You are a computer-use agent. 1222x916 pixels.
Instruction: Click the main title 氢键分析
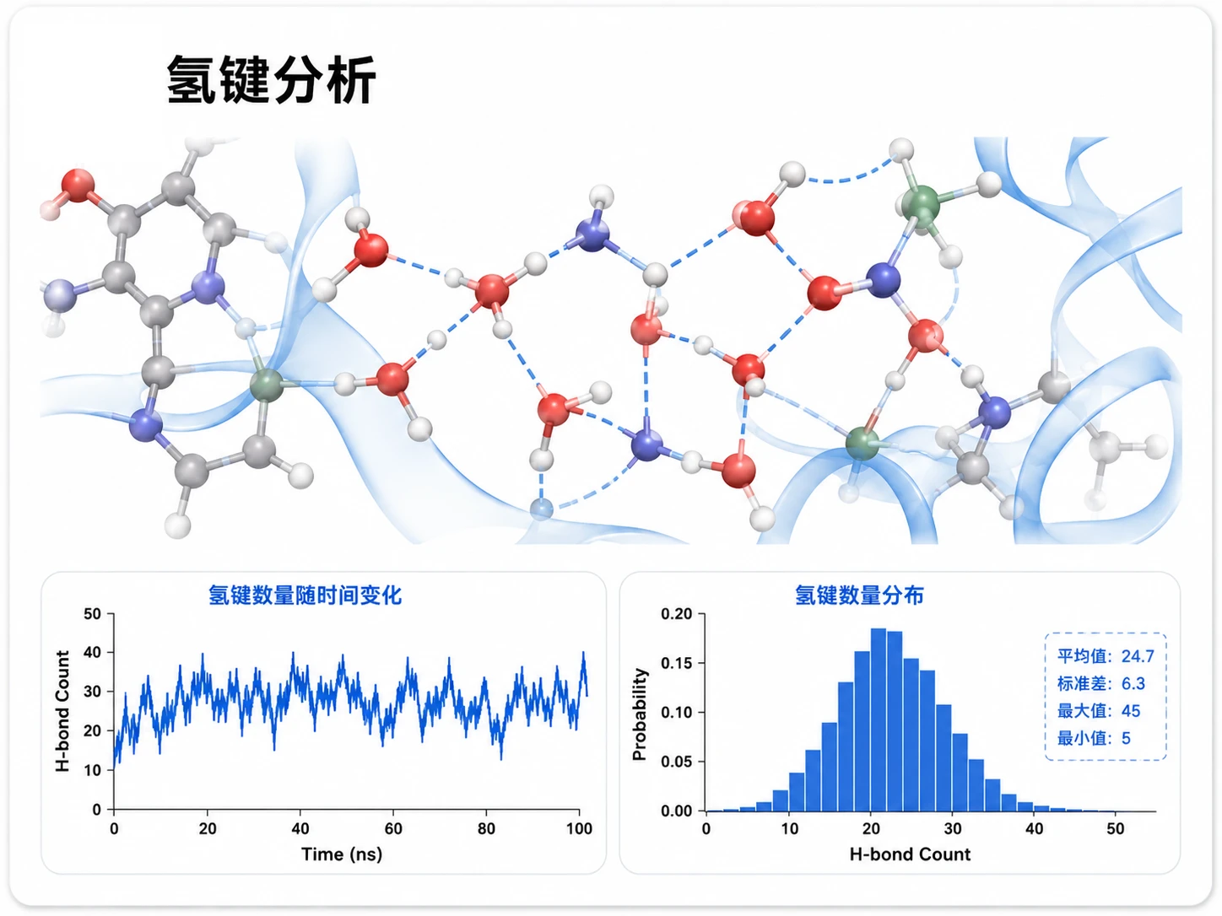(x=272, y=79)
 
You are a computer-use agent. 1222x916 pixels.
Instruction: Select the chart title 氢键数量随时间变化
(x=305, y=595)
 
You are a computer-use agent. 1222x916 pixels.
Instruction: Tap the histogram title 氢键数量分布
(x=859, y=595)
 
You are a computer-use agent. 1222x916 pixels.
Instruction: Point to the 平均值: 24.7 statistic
(x=1106, y=656)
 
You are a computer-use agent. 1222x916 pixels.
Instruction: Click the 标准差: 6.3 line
(x=1100, y=683)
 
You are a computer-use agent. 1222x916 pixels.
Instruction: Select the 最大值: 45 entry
(x=1099, y=711)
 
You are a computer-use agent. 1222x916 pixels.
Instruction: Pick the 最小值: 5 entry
(x=1094, y=738)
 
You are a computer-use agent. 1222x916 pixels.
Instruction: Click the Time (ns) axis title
(x=342, y=854)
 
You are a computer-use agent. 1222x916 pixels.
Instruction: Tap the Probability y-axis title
(x=640, y=714)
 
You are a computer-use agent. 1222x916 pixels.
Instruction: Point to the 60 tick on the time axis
(x=393, y=828)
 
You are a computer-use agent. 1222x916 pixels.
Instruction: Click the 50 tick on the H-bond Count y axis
(x=93, y=614)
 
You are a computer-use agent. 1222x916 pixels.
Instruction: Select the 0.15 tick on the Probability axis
(x=677, y=663)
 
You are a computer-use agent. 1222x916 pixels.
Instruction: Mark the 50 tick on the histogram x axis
(x=1115, y=828)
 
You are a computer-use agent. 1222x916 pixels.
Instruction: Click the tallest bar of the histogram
(x=878, y=719)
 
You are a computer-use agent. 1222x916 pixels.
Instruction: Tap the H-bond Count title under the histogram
(x=910, y=854)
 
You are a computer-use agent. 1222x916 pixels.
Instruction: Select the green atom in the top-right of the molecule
(x=921, y=205)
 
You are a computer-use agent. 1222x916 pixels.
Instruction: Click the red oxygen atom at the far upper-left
(x=78, y=185)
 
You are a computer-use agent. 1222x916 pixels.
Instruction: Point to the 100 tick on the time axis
(x=579, y=828)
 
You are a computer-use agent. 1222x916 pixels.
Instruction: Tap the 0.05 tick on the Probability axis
(x=677, y=762)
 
